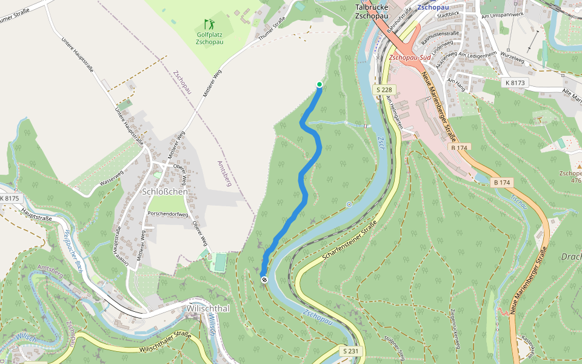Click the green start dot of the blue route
(x=319, y=84)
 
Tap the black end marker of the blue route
(x=264, y=279)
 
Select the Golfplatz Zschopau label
(x=210, y=38)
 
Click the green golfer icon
(x=209, y=25)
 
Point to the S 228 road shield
(x=384, y=90)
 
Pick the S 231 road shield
(x=350, y=351)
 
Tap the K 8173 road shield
(x=515, y=82)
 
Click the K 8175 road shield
(x=10, y=198)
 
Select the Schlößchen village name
(x=164, y=192)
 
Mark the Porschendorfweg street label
(x=168, y=214)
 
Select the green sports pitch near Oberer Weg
(x=220, y=262)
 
